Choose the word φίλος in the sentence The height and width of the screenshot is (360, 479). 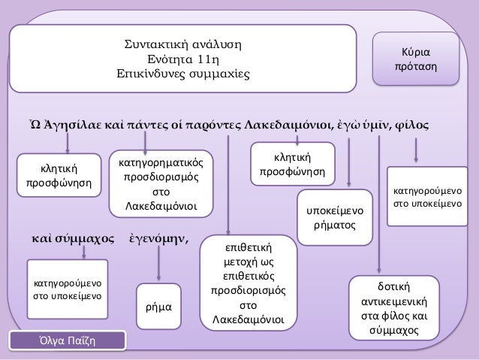(x=411, y=123)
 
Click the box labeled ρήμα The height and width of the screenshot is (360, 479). (x=158, y=307)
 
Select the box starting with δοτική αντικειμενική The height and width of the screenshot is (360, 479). (x=389, y=309)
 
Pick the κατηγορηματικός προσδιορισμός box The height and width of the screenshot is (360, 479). (x=161, y=183)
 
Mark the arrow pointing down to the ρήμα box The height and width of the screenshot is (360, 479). (x=159, y=265)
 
